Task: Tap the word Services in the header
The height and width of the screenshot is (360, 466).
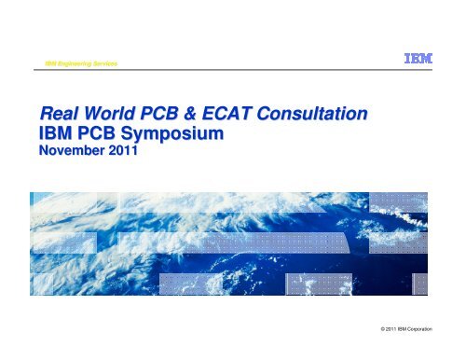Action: coord(122,62)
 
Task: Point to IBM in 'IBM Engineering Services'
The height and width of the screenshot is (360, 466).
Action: coord(40,62)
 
